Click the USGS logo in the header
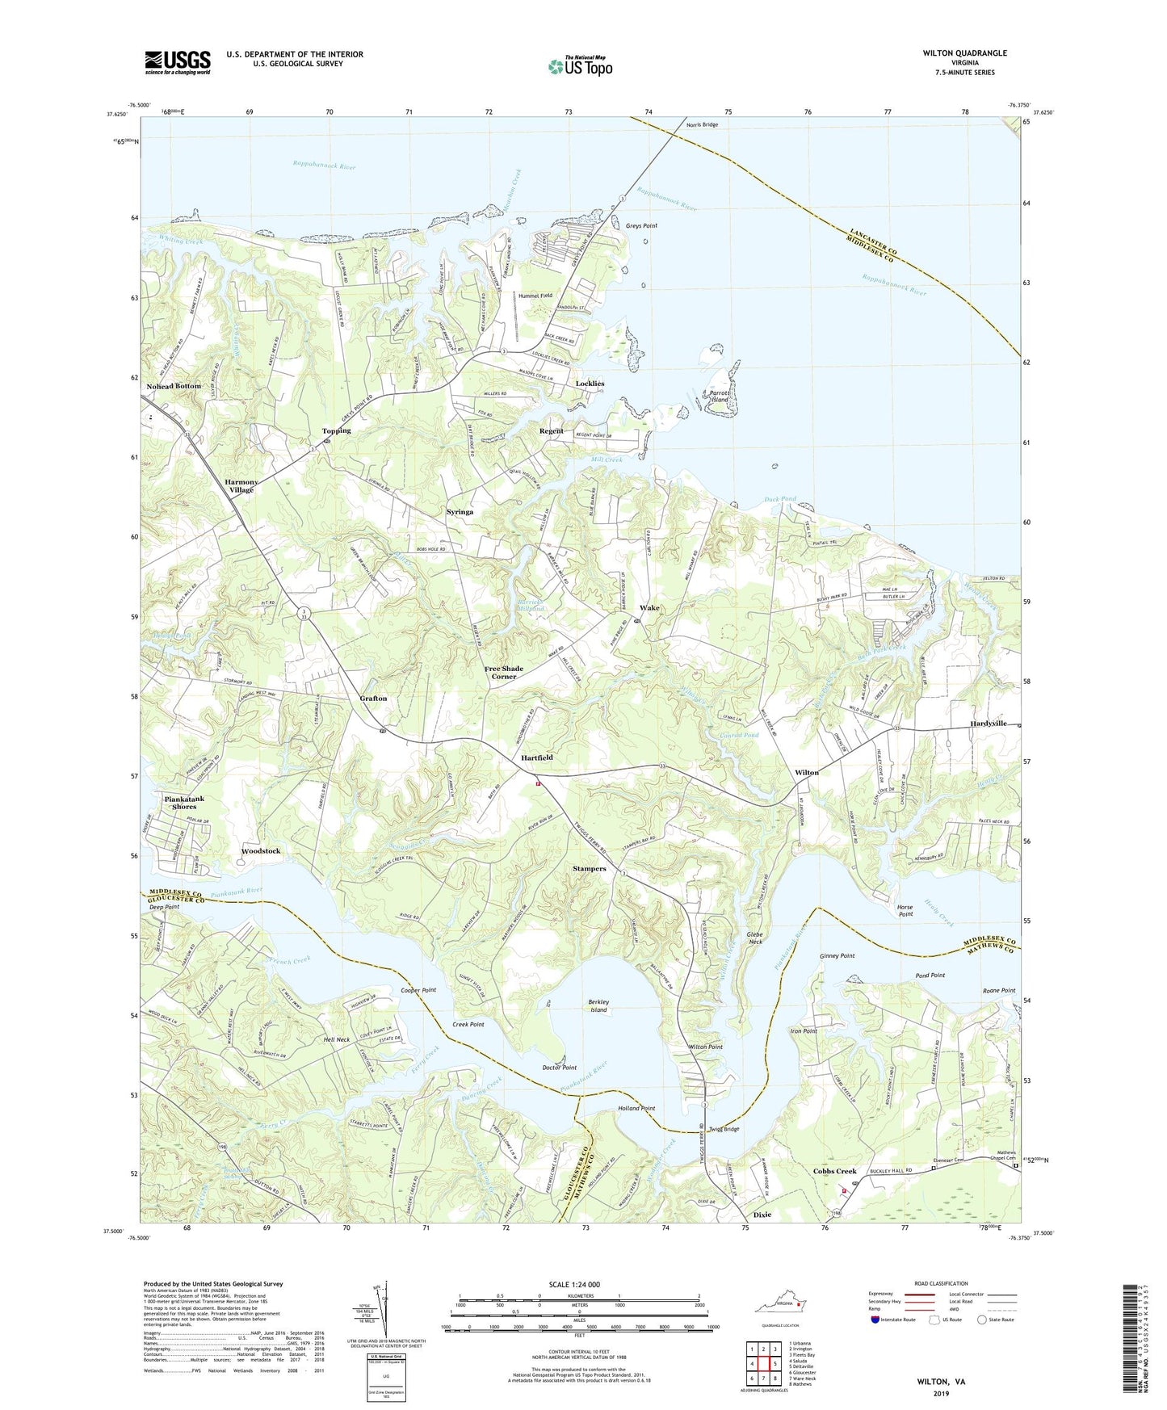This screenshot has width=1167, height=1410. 178,62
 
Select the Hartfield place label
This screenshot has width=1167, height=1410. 537,757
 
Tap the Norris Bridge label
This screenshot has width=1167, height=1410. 702,124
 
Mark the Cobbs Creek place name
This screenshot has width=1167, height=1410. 834,1171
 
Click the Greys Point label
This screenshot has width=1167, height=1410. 641,226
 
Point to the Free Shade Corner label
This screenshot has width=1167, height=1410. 504,672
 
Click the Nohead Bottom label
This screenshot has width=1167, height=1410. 174,386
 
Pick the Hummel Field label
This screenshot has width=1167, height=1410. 535,296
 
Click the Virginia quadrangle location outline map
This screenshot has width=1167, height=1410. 777,1306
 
